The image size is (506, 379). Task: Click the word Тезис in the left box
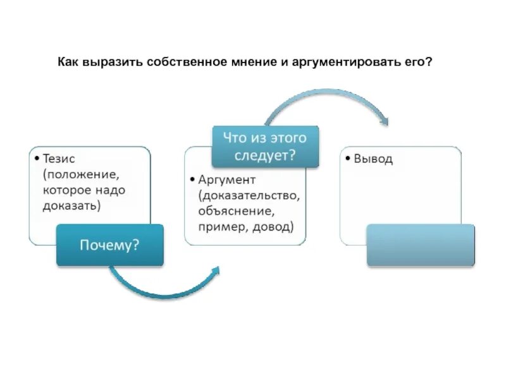click(60, 159)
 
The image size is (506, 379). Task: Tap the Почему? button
click(109, 244)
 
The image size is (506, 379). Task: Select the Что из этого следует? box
click(264, 146)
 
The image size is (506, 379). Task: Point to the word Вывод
click(373, 159)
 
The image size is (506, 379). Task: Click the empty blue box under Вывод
click(421, 245)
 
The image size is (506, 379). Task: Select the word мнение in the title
click(250, 63)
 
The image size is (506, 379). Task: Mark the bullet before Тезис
click(37, 159)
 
